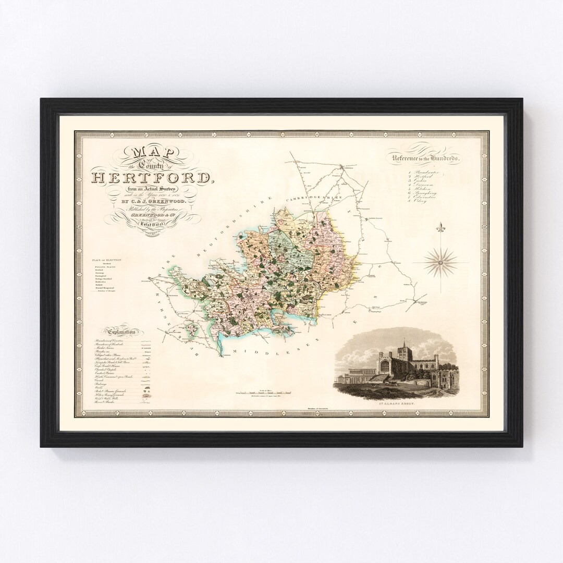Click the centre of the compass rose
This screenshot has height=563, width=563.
(x=440, y=261)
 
